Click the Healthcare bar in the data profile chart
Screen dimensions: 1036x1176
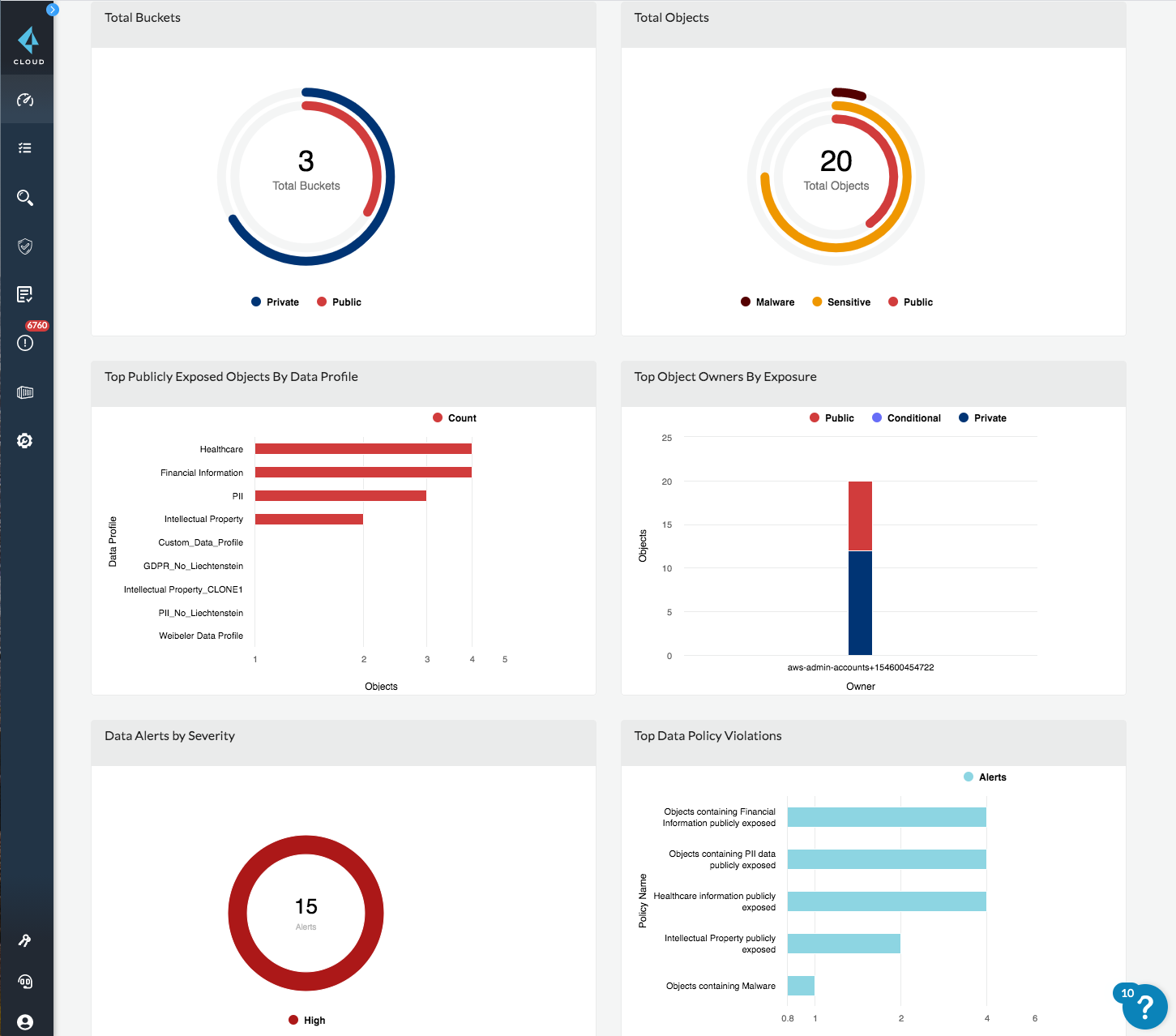363,449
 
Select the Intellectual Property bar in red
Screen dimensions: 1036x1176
309,519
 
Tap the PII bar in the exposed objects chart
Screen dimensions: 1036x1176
340,495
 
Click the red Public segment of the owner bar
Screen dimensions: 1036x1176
860,516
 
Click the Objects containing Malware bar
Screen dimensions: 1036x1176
801,986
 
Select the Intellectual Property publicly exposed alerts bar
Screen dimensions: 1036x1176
844,944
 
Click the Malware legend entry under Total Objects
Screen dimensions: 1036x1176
767,302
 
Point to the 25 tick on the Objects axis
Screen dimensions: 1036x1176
666,438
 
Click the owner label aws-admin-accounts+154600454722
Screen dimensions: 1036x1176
860,668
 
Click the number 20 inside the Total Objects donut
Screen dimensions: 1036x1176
836,161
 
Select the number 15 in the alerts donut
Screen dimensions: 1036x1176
306,906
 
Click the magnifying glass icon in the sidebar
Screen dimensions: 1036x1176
25,198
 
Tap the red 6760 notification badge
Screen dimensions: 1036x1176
37,326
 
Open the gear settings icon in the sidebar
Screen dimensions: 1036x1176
25,441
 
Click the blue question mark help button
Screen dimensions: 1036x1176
1144,1007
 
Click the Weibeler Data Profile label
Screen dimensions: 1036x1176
201,636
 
